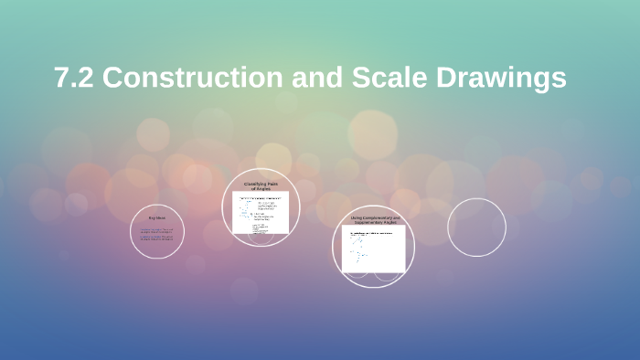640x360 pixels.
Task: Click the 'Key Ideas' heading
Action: click(x=157, y=218)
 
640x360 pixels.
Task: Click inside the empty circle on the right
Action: click(x=476, y=227)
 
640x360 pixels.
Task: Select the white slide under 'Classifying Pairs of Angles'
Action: click(x=261, y=212)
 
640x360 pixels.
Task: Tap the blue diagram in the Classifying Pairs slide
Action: click(x=247, y=212)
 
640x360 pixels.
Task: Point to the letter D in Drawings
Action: click(x=449, y=79)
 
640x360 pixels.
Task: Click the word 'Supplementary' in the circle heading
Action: click(x=366, y=222)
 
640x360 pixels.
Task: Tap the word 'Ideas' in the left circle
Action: click(x=162, y=218)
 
